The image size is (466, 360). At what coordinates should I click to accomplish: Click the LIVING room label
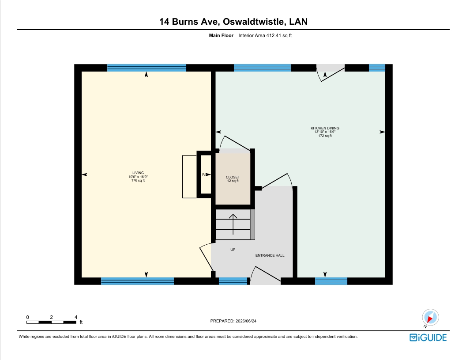tap(138, 173)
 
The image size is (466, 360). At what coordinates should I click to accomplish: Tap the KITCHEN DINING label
tap(325, 128)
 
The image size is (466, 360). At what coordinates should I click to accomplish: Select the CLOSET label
tap(233, 177)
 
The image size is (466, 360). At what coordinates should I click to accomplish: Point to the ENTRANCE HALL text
tap(270, 255)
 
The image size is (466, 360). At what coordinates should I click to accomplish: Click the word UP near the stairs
tap(233, 250)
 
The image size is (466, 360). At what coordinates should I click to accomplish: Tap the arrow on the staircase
tap(233, 224)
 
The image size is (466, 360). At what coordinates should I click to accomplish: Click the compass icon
tap(430, 317)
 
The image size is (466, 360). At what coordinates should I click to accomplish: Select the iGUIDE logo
tap(428, 337)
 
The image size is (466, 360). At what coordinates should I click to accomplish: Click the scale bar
tap(51, 322)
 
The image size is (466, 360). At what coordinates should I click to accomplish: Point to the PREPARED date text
tap(233, 321)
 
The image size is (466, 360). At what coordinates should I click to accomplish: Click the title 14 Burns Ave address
tap(233, 22)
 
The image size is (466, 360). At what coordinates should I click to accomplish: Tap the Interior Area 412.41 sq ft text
tap(265, 35)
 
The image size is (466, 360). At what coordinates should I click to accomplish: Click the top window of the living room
tap(147, 68)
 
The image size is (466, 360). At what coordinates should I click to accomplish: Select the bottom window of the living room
tap(137, 281)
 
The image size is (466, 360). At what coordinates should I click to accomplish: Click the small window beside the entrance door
tap(233, 281)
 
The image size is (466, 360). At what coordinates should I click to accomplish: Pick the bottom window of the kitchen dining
tap(331, 281)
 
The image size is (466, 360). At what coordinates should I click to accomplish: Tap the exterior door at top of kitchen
tap(331, 72)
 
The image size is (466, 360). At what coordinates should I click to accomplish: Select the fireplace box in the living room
tap(204, 174)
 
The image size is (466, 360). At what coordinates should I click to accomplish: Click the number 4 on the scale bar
tap(76, 317)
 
